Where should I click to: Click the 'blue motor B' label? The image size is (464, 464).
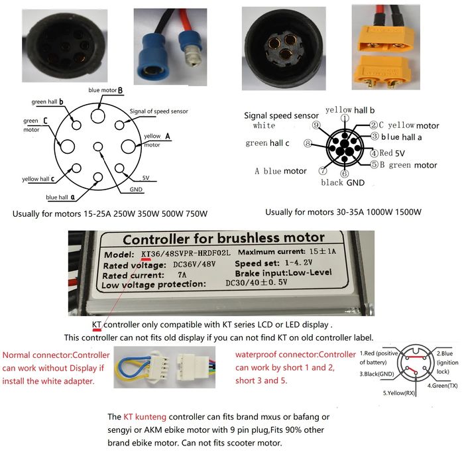pos(106,90)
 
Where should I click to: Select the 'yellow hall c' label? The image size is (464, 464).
pos(38,179)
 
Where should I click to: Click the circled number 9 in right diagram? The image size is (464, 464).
pos(316,125)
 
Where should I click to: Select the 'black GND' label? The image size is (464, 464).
pos(342,182)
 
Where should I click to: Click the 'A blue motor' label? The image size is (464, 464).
pos(280,171)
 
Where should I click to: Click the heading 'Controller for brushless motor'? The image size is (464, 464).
pos(223,238)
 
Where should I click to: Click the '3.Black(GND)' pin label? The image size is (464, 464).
pos(378,374)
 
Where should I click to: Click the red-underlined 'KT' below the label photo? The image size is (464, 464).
pos(97,325)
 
